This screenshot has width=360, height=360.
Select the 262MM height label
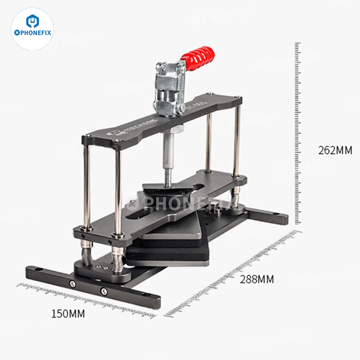[x=335, y=150]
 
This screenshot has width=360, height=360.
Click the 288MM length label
[x=256, y=279]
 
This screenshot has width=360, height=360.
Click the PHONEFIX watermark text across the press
[x=180, y=205]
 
